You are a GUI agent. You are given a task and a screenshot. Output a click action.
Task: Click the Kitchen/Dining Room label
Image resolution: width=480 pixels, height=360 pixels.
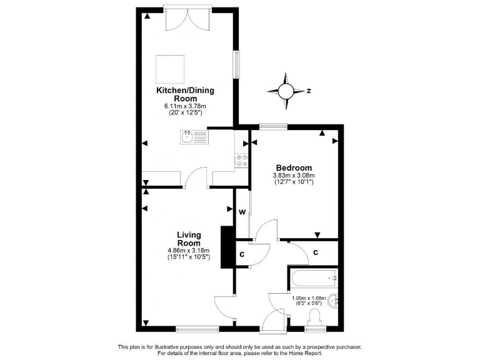point(185,94)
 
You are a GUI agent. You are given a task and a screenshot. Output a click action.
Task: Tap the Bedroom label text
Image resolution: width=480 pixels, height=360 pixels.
point(294,167)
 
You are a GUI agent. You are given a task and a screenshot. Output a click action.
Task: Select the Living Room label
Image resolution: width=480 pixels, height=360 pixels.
point(188,239)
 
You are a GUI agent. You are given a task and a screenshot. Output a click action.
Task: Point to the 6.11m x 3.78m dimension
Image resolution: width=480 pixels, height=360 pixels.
point(185,106)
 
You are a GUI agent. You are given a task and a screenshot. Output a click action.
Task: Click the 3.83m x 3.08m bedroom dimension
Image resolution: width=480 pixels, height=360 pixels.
point(294,176)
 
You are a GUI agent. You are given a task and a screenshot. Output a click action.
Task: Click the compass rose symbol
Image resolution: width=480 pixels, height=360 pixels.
point(286,91)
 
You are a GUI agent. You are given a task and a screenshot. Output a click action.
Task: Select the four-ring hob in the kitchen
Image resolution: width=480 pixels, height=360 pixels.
point(241,161)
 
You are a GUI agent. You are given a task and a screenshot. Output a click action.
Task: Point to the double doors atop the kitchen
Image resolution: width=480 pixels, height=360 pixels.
point(187,19)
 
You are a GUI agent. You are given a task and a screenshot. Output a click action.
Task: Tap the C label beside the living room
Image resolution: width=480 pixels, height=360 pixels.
point(241,254)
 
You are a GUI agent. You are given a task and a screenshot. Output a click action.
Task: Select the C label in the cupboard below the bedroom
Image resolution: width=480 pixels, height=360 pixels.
point(316,252)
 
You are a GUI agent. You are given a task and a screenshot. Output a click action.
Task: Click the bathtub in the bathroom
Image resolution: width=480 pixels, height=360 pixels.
point(312,277)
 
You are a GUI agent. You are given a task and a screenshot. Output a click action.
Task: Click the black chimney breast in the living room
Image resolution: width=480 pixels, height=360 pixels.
point(225,247)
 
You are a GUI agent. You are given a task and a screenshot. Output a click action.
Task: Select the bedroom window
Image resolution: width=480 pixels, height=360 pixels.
point(273,127)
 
